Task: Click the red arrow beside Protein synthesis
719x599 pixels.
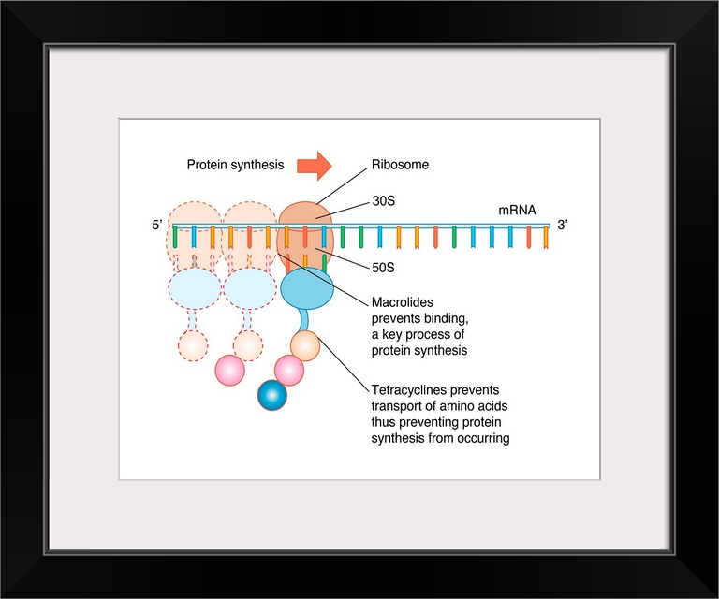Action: [315, 166]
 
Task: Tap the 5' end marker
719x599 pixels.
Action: [157, 225]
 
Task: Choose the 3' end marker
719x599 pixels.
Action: [563, 225]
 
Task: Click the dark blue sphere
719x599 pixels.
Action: [272, 396]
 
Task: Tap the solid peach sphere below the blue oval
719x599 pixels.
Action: [305, 345]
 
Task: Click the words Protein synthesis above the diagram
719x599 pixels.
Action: [235, 166]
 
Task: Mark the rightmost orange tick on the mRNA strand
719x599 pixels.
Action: [547, 238]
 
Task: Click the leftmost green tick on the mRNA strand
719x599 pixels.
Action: [175, 236]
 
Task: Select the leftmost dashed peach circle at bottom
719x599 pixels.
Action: [193, 345]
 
